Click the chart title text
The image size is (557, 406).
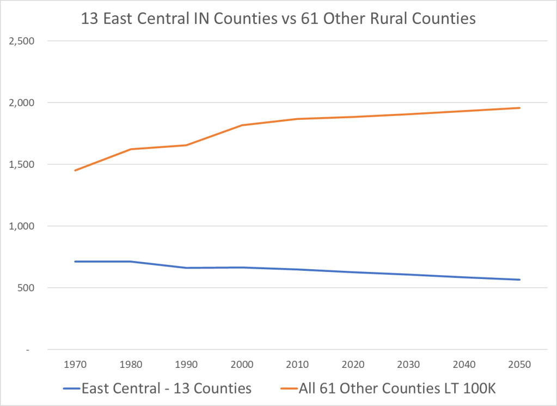point(278,19)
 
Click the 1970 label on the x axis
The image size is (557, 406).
point(75,364)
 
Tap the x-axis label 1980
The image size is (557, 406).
point(130,364)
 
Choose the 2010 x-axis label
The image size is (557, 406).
point(297,364)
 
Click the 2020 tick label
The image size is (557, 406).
point(353,364)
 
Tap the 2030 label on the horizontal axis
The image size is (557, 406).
point(408,364)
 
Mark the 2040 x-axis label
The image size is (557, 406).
point(464,364)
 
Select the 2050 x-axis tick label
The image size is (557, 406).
point(519,364)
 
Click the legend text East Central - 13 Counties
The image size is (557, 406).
point(166,389)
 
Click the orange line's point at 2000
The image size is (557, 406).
point(241,125)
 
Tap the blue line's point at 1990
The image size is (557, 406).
point(186,268)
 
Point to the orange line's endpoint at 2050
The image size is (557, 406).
point(519,108)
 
